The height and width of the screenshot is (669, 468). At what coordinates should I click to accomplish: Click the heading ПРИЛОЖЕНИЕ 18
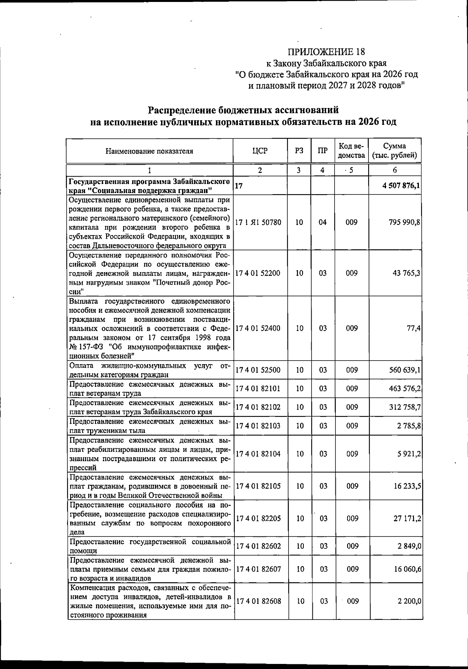click(x=326, y=52)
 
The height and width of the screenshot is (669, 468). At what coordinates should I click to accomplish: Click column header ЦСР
click(x=260, y=151)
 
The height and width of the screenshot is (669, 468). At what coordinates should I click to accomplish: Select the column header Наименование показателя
click(x=149, y=151)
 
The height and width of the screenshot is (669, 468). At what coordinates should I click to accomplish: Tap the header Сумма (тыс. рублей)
click(x=395, y=151)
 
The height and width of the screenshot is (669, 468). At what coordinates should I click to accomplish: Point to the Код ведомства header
click(x=351, y=151)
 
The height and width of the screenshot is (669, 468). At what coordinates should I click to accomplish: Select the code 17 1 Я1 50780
click(x=258, y=222)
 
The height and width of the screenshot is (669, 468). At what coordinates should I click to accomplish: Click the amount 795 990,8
click(x=404, y=222)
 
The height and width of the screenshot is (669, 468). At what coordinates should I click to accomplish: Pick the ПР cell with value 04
click(x=323, y=222)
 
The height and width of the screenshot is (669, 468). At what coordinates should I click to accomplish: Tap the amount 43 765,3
click(x=406, y=273)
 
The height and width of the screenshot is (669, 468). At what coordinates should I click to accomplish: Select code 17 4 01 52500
click(x=258, y=370)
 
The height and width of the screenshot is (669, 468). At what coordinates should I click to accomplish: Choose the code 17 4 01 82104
click(x=258, y=454)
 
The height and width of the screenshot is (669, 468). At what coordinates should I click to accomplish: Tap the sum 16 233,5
click(x=406, y=486)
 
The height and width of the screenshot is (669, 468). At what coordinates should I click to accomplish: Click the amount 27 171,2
click(x=406, y=519)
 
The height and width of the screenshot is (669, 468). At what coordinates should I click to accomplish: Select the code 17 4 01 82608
click(x=258, y=601)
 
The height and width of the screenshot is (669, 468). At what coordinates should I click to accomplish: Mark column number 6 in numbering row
click(x=395, y=170)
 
